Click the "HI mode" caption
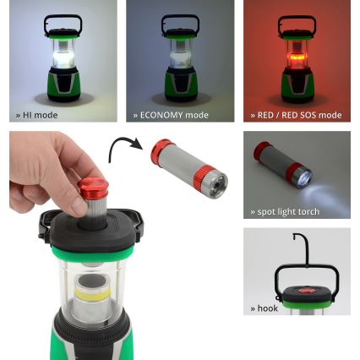(x=38, y=115)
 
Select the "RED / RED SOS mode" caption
(x=298, y=115)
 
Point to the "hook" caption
(x=265, y=308)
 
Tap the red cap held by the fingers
(x=92, y=188)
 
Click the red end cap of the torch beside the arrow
(x=161, y=153)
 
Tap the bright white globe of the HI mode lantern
(x=63, y=58)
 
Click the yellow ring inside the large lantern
(x=88, y=293)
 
